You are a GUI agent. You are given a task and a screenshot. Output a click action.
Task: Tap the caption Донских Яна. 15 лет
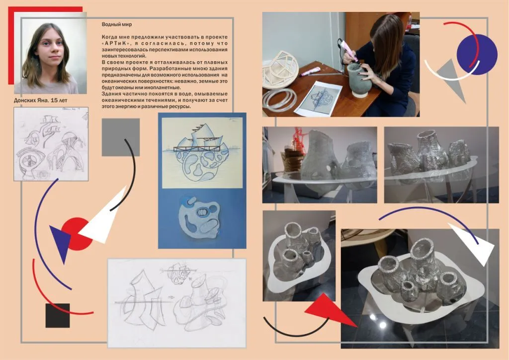click(41, 100)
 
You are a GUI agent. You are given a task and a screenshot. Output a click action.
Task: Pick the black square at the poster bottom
click(58, 315)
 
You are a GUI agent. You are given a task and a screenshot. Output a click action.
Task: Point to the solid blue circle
click(477, 55)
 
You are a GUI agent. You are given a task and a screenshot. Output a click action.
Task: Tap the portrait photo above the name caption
click(50, 56)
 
